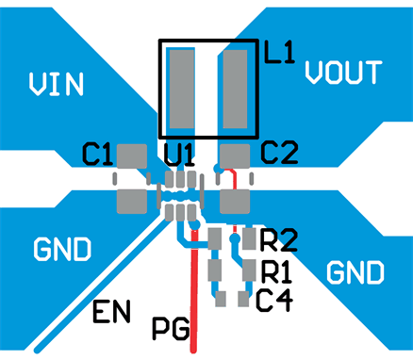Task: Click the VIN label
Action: [x=56, y=85]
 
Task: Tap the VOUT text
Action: [x=343, y=73]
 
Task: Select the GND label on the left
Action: [x=62, y=250]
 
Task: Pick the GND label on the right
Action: [x=355, y=273]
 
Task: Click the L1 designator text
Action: [x=279, y=54]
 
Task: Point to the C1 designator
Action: [x=98, y=152]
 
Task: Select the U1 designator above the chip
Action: [x=179, y=153]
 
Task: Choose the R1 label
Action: [x=276, y=272]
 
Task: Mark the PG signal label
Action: [x=170, y=329]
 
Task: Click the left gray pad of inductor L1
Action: [x=180, y=90]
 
